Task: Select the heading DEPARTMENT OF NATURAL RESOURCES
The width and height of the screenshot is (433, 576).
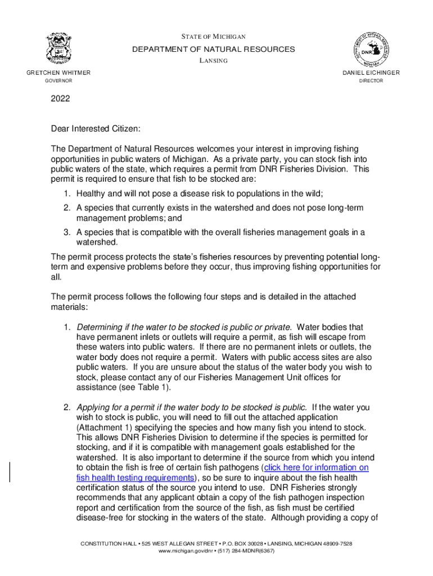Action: (213, 49)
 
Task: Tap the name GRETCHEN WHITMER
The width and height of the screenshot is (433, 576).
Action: (59, 73)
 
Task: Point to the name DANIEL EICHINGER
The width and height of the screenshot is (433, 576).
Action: (371, 73)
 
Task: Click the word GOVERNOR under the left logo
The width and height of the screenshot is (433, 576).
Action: (58, 81)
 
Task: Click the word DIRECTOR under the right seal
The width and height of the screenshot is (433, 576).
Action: (371, 81)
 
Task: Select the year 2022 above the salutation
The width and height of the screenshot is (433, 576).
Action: (61, 99)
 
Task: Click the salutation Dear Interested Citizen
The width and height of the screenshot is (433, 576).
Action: (95, 129)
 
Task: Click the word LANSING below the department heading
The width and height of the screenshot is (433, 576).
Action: (213, 61)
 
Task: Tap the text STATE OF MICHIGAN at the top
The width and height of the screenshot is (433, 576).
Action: (213, 37)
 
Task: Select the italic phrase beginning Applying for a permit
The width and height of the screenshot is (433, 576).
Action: (192, 407)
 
